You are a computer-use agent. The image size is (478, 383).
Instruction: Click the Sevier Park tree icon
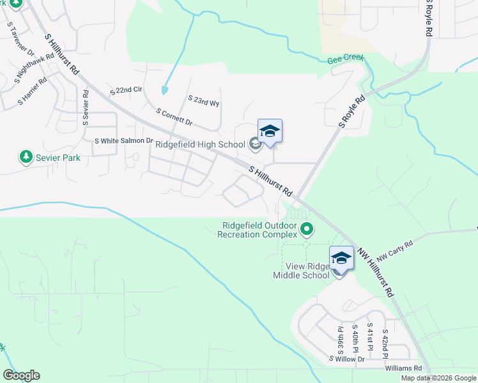[x=26, y=157]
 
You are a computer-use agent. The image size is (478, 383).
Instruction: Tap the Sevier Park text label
[x=58, y=158]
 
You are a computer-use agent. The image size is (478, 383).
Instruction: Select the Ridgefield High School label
[x=200, y=144]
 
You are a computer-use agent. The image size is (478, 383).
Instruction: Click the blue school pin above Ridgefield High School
[x=270, y=131]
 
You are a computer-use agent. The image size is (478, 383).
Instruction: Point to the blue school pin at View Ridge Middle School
[x=341, y=259]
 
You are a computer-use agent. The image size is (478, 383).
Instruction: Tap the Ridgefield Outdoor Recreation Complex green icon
[x=307, y=228]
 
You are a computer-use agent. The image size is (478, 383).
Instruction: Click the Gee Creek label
[x=345, y=58]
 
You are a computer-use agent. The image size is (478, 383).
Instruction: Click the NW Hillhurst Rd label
[x=374, y=272]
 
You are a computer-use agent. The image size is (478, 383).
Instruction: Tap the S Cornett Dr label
[x=174, y=116]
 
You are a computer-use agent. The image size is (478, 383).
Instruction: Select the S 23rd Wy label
[x=204, y=101]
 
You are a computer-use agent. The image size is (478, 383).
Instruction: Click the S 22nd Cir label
[x=125, y=91]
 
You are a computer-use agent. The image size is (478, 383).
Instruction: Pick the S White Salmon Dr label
[x=124, y=140]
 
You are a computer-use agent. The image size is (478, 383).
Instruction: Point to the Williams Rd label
[x=404, y=368]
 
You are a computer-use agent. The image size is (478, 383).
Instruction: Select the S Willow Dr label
[x=346, y=359]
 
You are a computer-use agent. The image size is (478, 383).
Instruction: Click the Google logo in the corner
[x=21, y=375]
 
